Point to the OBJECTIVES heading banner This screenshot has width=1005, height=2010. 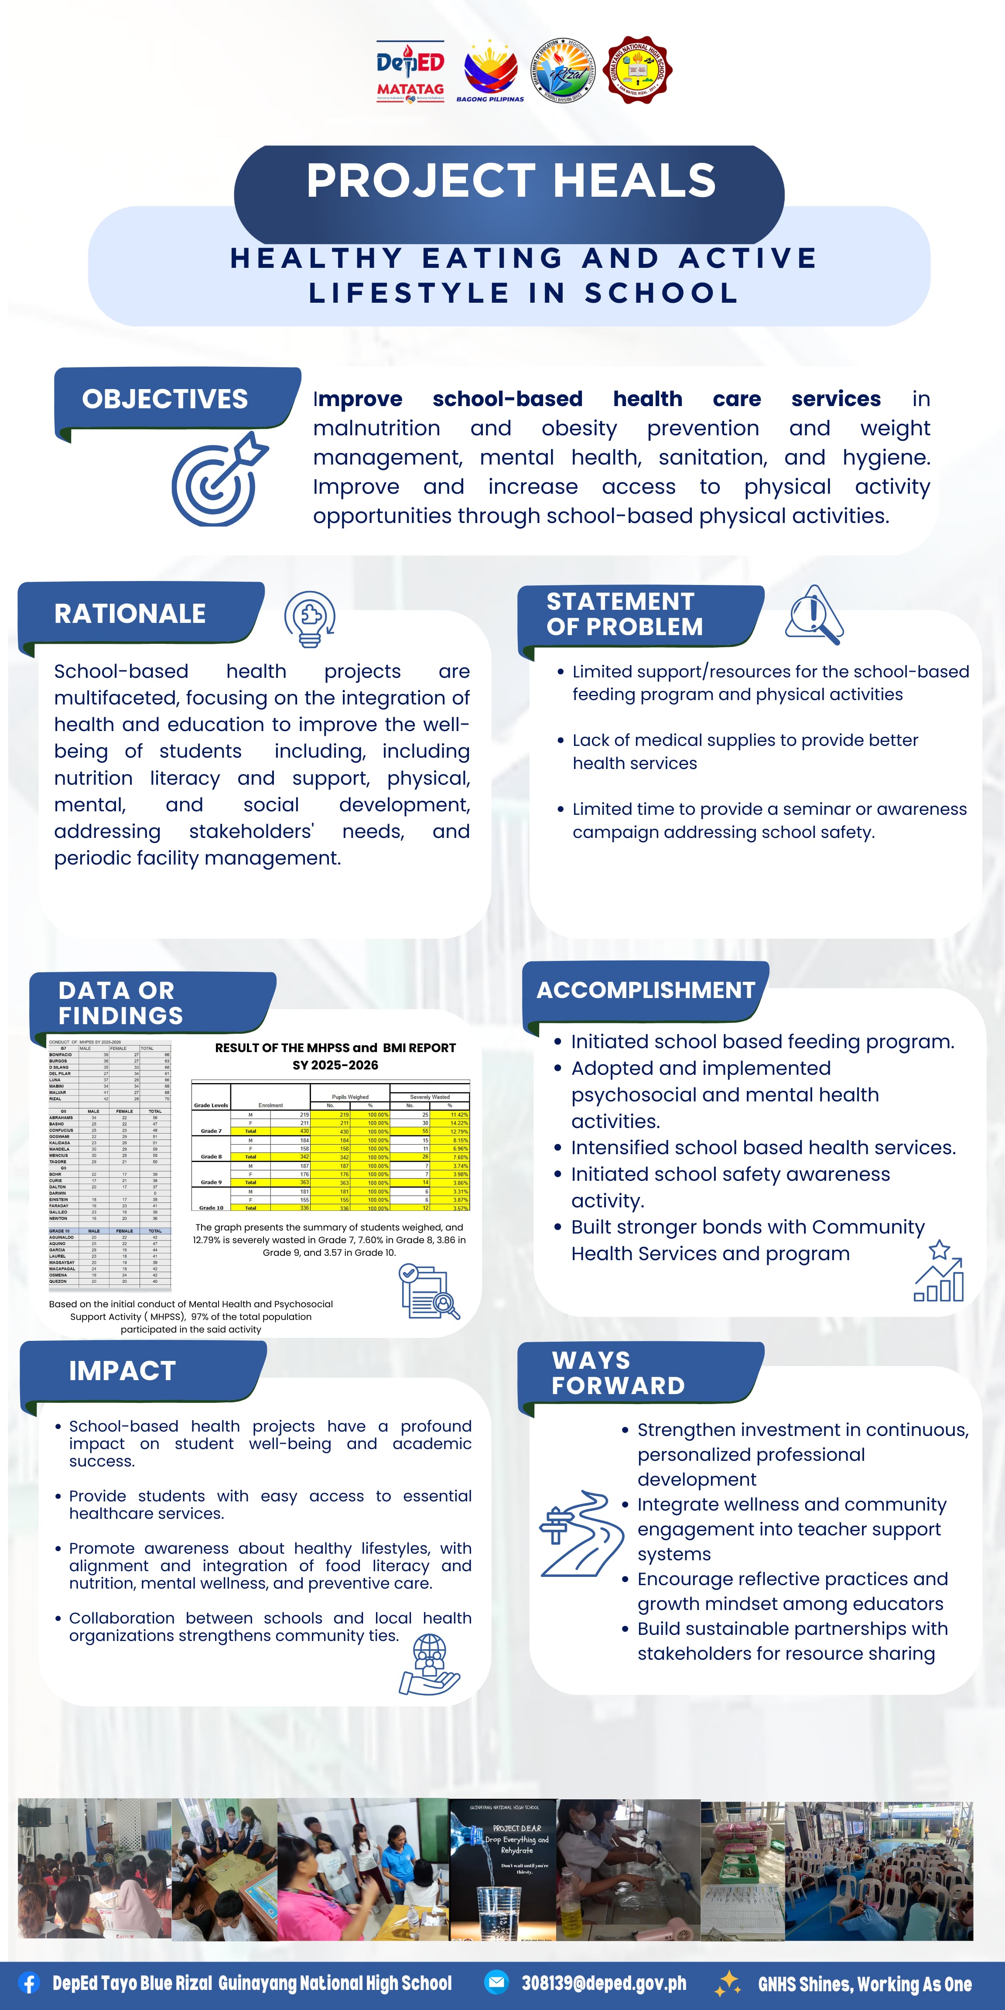point(165,400)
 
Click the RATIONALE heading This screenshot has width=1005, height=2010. point(130,614)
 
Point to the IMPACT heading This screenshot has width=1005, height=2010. point(123,1371)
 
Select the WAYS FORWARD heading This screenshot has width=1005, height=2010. point(618,1373)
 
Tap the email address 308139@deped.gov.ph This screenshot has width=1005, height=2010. point(604,1983)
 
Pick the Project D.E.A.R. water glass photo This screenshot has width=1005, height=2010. point(503,1870)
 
